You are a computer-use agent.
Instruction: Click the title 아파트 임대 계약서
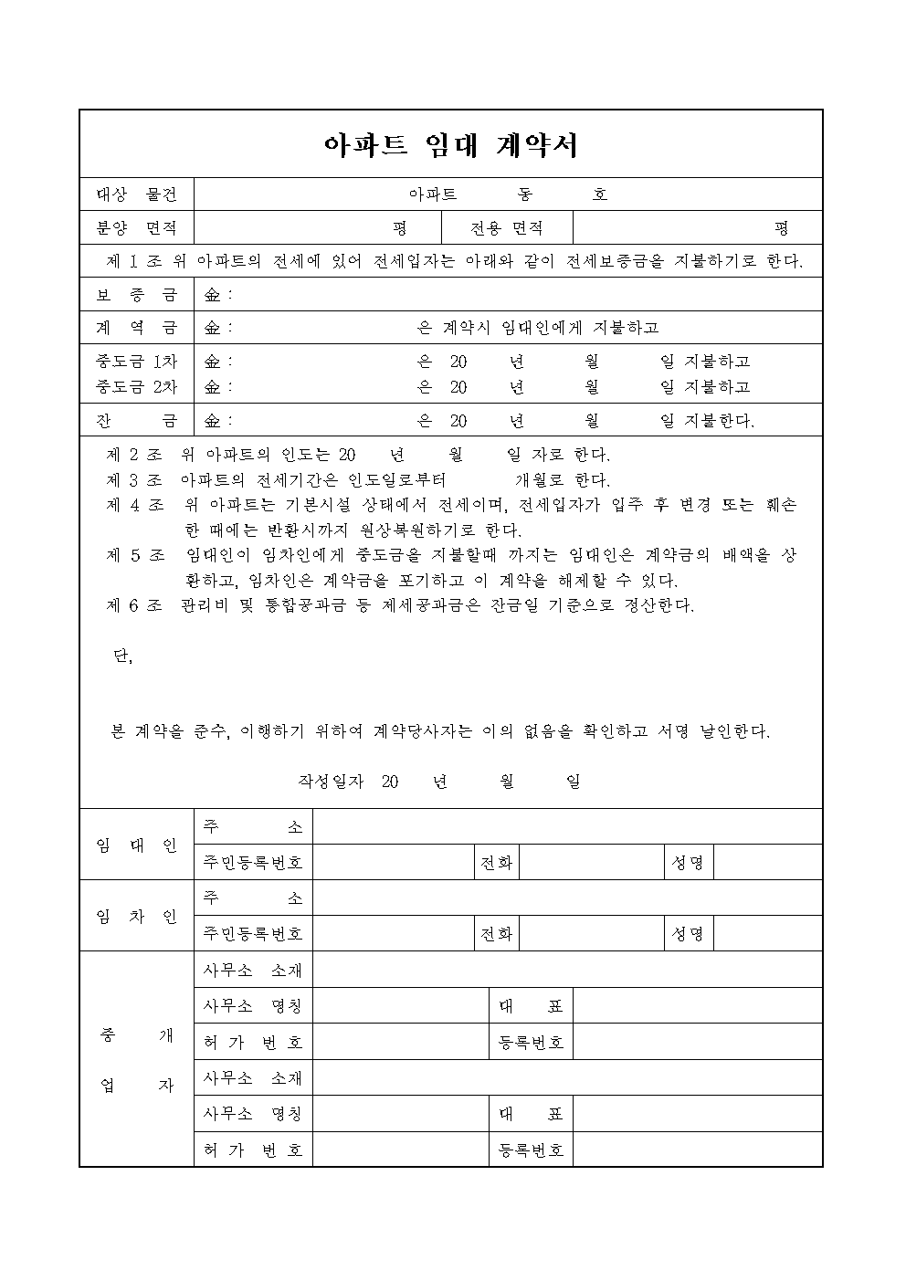pos(451,145)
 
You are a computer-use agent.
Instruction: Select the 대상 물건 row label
pos(137,194)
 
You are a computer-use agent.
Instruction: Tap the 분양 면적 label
pos(137,227)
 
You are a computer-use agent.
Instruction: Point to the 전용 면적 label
pos(507,227)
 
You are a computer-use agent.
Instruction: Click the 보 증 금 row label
pos(137,295)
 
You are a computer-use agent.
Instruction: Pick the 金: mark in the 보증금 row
pos(217,295)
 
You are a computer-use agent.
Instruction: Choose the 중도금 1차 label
pos(137,362)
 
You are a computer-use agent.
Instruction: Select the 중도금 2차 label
pos(137,386)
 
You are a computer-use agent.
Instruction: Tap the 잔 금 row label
pos(137,421)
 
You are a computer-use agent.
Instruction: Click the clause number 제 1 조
pos(134,262)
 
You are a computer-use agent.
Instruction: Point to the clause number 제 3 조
pos(134,479)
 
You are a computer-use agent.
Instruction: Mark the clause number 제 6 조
pos(134,605)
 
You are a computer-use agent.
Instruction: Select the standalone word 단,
pos(121,657)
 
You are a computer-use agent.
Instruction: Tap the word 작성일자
pos(331,782)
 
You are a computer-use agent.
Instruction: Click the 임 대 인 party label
pos(137,845)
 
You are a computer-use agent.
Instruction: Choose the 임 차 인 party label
pos(137,916)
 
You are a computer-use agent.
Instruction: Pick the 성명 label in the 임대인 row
pos(688,863)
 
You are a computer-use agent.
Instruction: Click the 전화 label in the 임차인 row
pos(496,934)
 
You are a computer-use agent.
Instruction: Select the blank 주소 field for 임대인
pos(566,827)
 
